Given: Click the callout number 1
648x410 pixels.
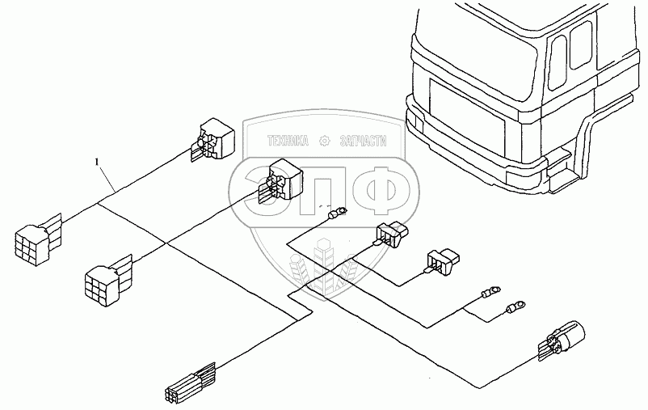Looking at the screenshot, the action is pyautogui.click(x=98, y=163).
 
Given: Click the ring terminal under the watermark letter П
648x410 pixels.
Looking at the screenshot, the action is pyautogui.click(x=339, y=213).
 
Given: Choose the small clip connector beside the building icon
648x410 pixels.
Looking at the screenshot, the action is pyautogui.click(x=389, y=234).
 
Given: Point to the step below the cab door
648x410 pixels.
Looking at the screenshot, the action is pyautogui.click(x=560, y=165).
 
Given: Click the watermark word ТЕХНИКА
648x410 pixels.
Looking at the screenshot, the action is pyautogui.click(x=289, y=141).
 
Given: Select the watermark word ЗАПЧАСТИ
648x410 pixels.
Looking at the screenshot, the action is pyautogui.click(x=360, y=141).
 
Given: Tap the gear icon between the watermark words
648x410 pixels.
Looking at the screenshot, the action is pyautogui.click(x=325, y=141).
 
